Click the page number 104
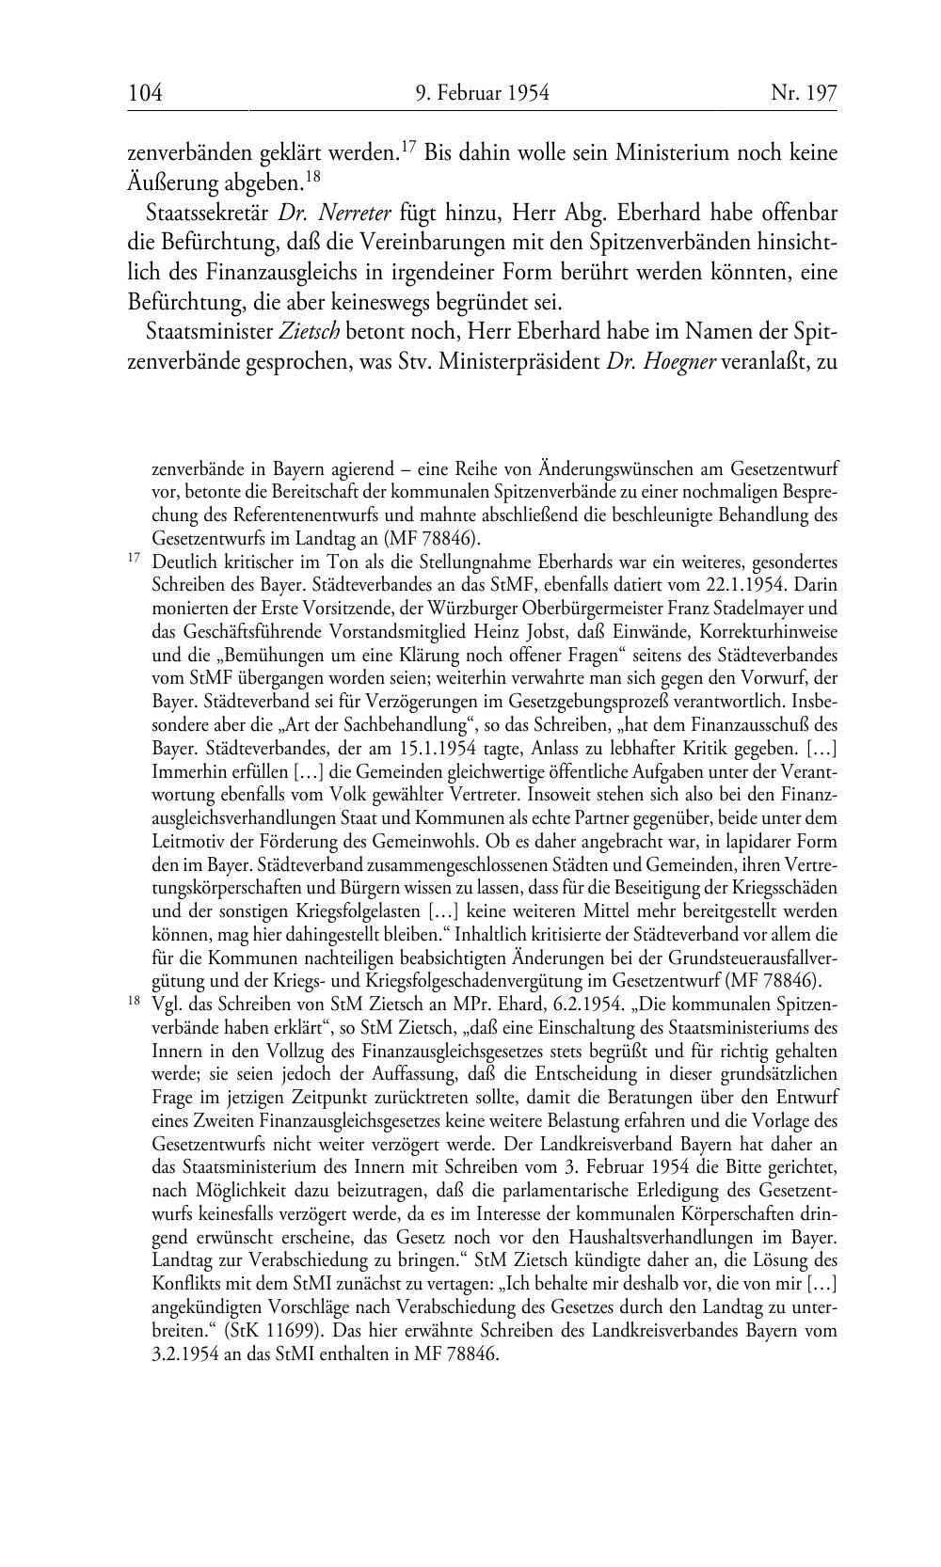(x=145, y=93)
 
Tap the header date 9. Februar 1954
(x=482, y=93)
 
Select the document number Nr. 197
(x=804, y=93)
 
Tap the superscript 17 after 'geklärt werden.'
(x=408, y=145)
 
